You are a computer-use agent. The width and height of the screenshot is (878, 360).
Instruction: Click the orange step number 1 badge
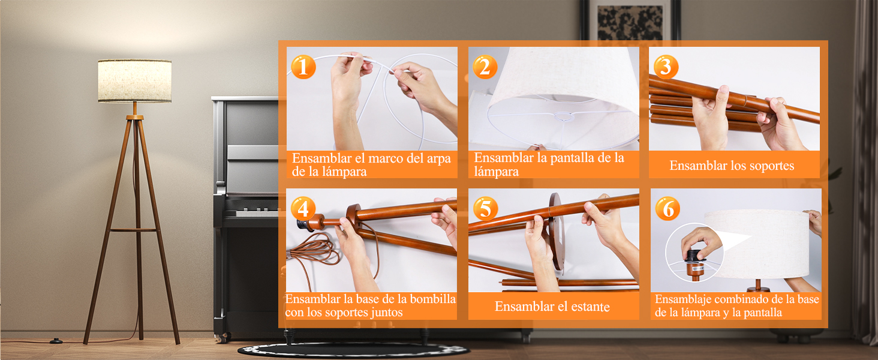pyautogui.click(x=303, y=67)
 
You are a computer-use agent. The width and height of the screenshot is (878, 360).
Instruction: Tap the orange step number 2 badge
pyautogui.click(x=485, y=67)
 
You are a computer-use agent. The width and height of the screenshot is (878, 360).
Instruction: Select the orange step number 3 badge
pyautogui.click(x=666, y=66)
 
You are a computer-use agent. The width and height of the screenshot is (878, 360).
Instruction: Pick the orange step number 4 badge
pyautogui.click(x=303, y=208)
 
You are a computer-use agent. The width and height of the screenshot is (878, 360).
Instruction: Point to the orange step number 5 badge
pyautogui.click(x=485, y=208)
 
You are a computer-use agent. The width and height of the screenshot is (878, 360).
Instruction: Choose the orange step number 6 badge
pyautogui.click(x=667, y=208)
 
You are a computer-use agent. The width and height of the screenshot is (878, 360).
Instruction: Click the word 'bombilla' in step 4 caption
pyautogui.click(x=433, y=299)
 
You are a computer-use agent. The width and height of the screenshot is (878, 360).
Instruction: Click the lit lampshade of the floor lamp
pyautogui.click(x=134, y=81)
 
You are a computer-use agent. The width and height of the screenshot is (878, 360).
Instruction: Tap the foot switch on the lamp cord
pyautogui.click(x=56, y=341)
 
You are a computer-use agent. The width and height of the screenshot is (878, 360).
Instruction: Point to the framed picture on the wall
pyautogui.click(x=630, y=20)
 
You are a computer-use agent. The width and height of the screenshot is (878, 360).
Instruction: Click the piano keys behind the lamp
pyautogui.click(x=257, y=213)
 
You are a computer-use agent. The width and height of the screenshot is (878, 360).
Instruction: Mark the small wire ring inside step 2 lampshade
pyautogui.click(x=563, y=116)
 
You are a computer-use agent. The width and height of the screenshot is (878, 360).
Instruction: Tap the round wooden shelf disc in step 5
pyautogui.click(x=557, y=233)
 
